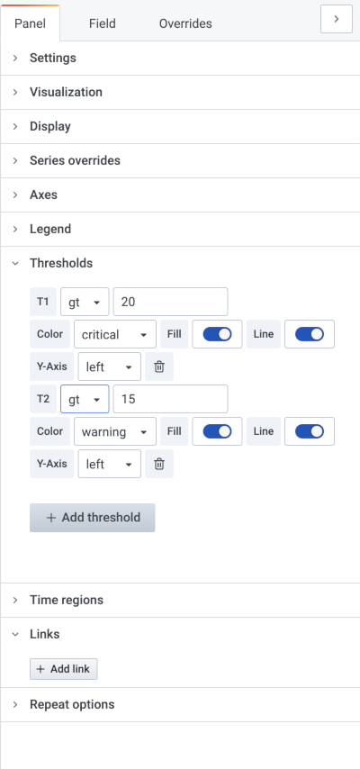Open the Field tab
[102, 23]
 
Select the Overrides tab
[185, 23]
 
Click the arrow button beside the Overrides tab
[337, 19]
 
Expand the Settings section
[53, 58]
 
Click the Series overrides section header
[75, 160]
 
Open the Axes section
[44, 195]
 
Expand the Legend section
[50, 229]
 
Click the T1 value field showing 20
[170, 302]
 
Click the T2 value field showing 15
[170, 399]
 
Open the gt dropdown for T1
[85, 302]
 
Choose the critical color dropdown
[115, 334]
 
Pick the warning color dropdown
[115, 431]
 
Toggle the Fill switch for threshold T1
[217, 334]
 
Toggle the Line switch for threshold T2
[309, 431]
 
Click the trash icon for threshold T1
[159, 366]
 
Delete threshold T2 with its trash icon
[159, 464]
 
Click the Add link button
[63, 669]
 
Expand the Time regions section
[67, 600]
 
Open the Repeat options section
[72, 704]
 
